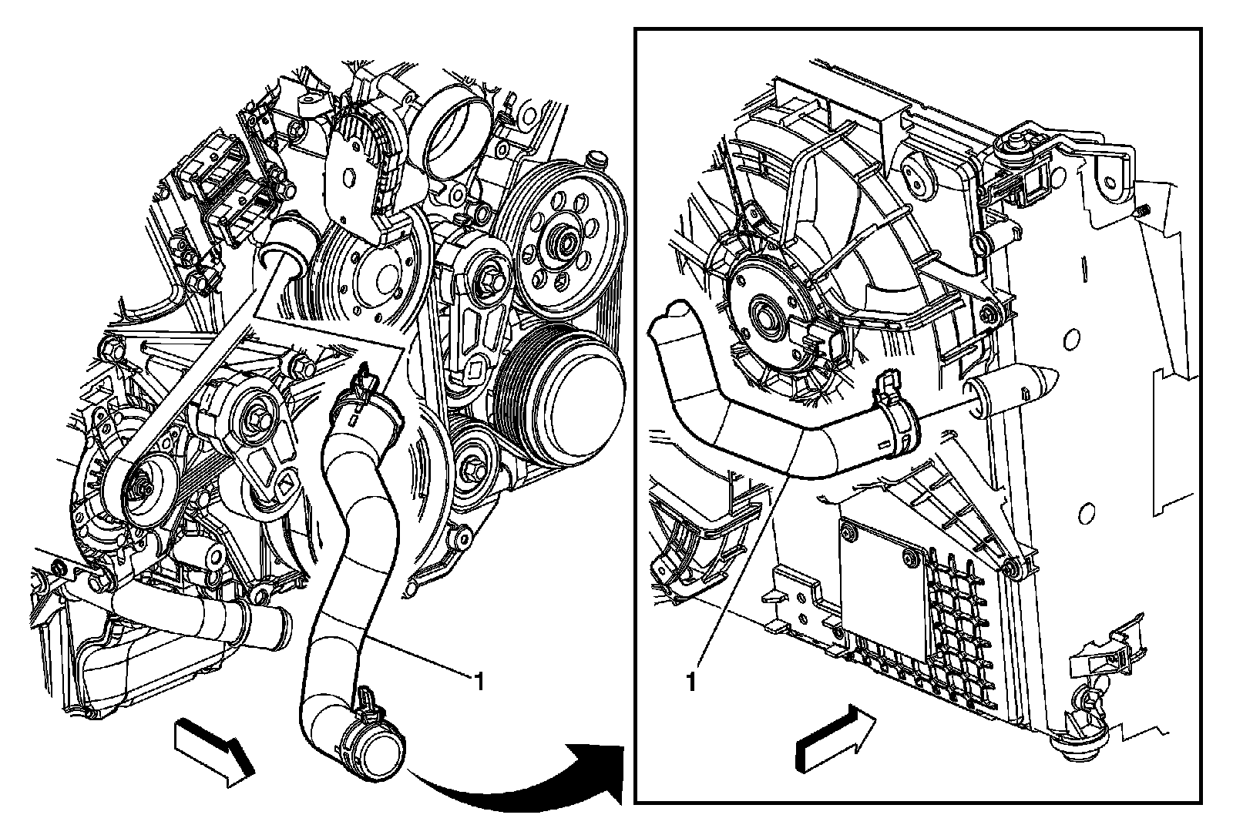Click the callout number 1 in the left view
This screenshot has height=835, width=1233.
coord(479,681)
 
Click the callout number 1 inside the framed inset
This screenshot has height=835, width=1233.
coord(691,682)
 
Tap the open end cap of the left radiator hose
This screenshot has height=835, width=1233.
coord(381,750)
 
